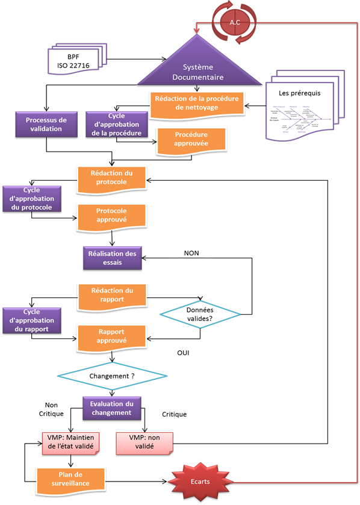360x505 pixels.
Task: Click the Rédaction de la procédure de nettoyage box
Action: coord(197,103)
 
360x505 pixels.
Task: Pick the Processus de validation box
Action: coord(46,125)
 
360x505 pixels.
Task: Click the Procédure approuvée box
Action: coord(191,140)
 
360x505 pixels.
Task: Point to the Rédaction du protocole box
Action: coord(111,178)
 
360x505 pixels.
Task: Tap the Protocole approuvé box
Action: coord(111,215)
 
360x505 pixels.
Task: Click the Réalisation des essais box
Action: coord(111,258)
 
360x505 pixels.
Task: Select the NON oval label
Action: coord(191,253)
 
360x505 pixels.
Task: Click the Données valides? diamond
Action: coord(200,314)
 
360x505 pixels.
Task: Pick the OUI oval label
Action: coord(183,352)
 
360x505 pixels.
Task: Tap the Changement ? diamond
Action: coord(111,376)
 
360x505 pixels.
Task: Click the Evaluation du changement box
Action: coord(111,408)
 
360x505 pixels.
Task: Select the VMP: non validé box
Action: coord(142,443)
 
